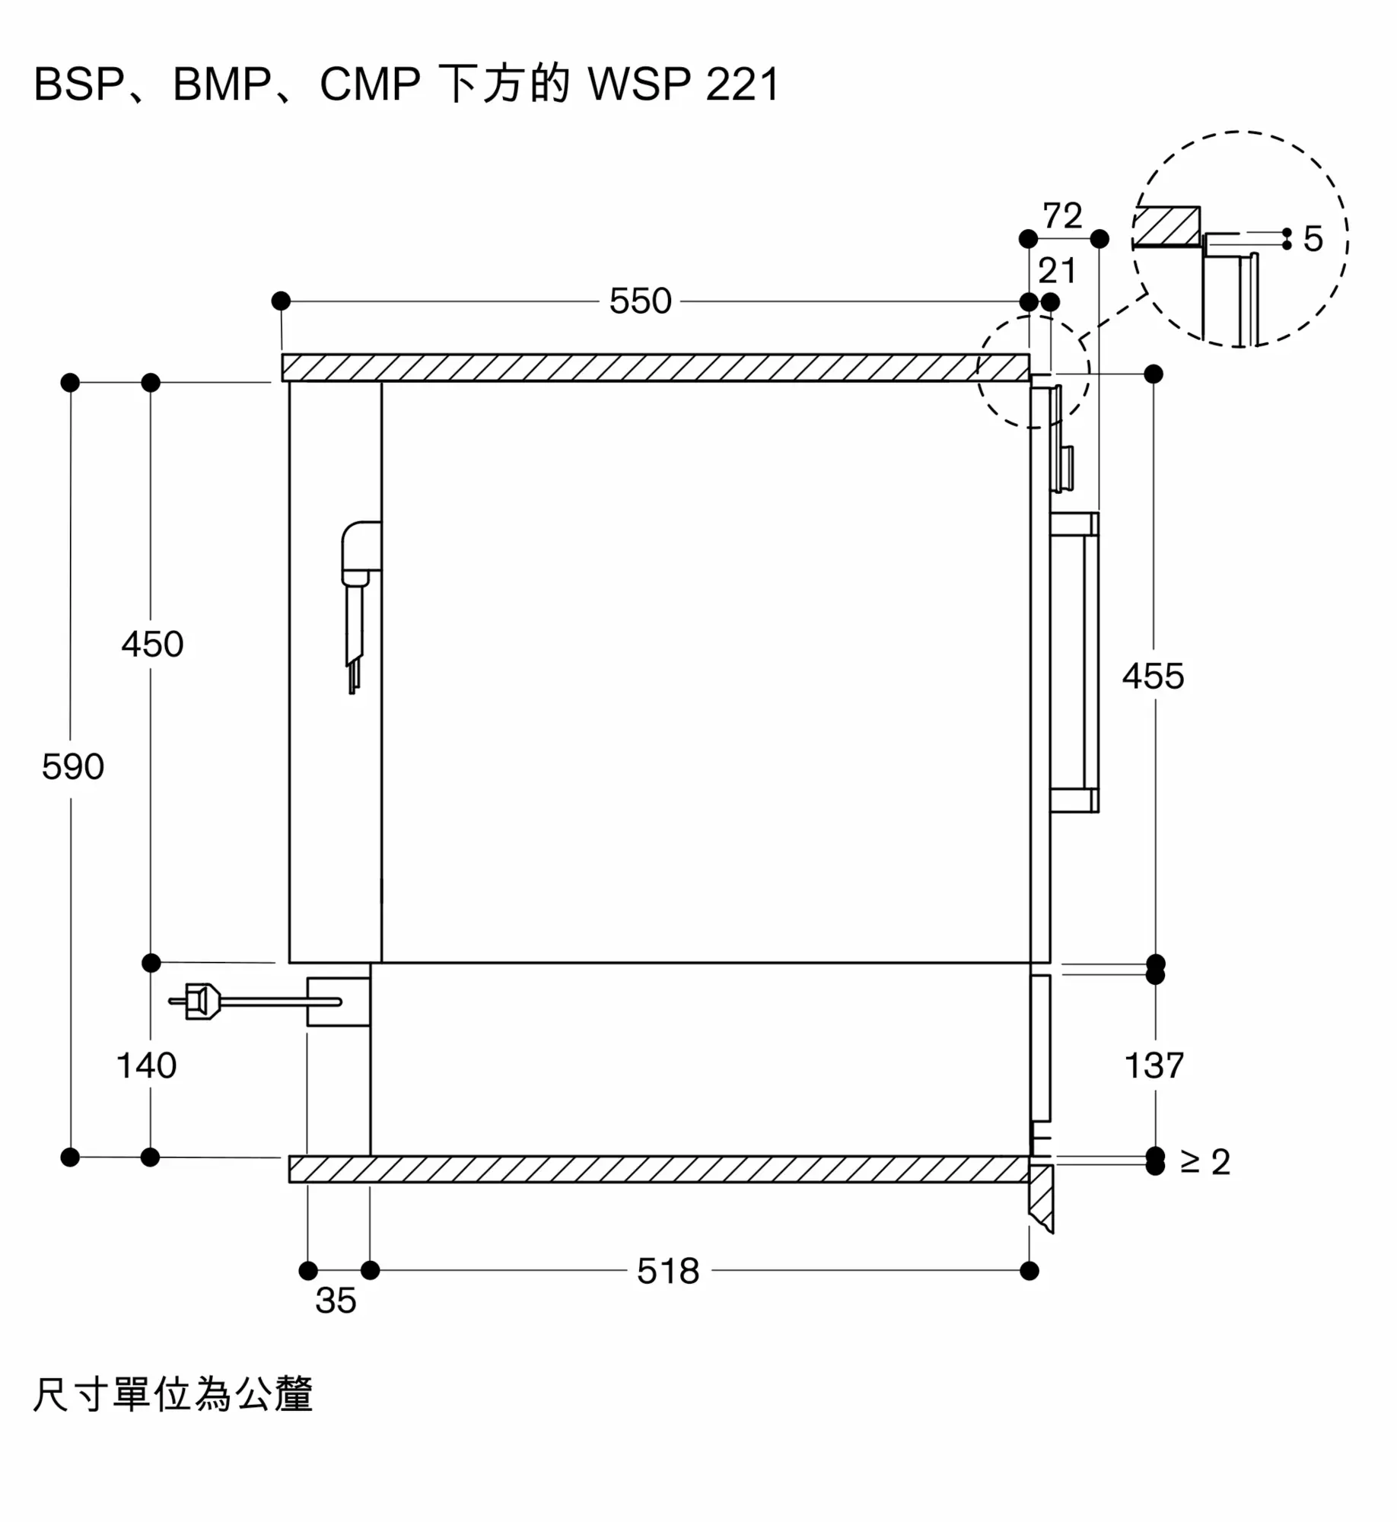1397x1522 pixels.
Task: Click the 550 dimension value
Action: [640, 301]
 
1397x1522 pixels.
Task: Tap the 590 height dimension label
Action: [72, 766]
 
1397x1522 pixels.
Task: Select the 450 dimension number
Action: [152, 645]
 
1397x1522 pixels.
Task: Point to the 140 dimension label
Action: [146, 1065]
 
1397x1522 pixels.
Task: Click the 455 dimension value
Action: [1153, 677]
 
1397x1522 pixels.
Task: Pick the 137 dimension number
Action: [1154, 1065]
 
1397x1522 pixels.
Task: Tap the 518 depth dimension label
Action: [668, 1272]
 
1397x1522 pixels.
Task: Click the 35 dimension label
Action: [336, 1301]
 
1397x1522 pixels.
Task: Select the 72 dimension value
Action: [1062, 216]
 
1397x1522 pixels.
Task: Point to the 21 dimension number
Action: [1057, 271]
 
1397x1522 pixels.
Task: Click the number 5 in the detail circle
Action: [1313, 239]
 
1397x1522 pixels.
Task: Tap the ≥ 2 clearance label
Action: [1205, 1162]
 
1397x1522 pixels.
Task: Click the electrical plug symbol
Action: [199, 1001]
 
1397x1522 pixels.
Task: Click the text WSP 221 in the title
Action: [683, 84]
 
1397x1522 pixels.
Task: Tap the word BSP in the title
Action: [78, 84]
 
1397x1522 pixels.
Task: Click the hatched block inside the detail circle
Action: [1166, 226]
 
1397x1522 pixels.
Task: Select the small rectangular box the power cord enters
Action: [339, 1001]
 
